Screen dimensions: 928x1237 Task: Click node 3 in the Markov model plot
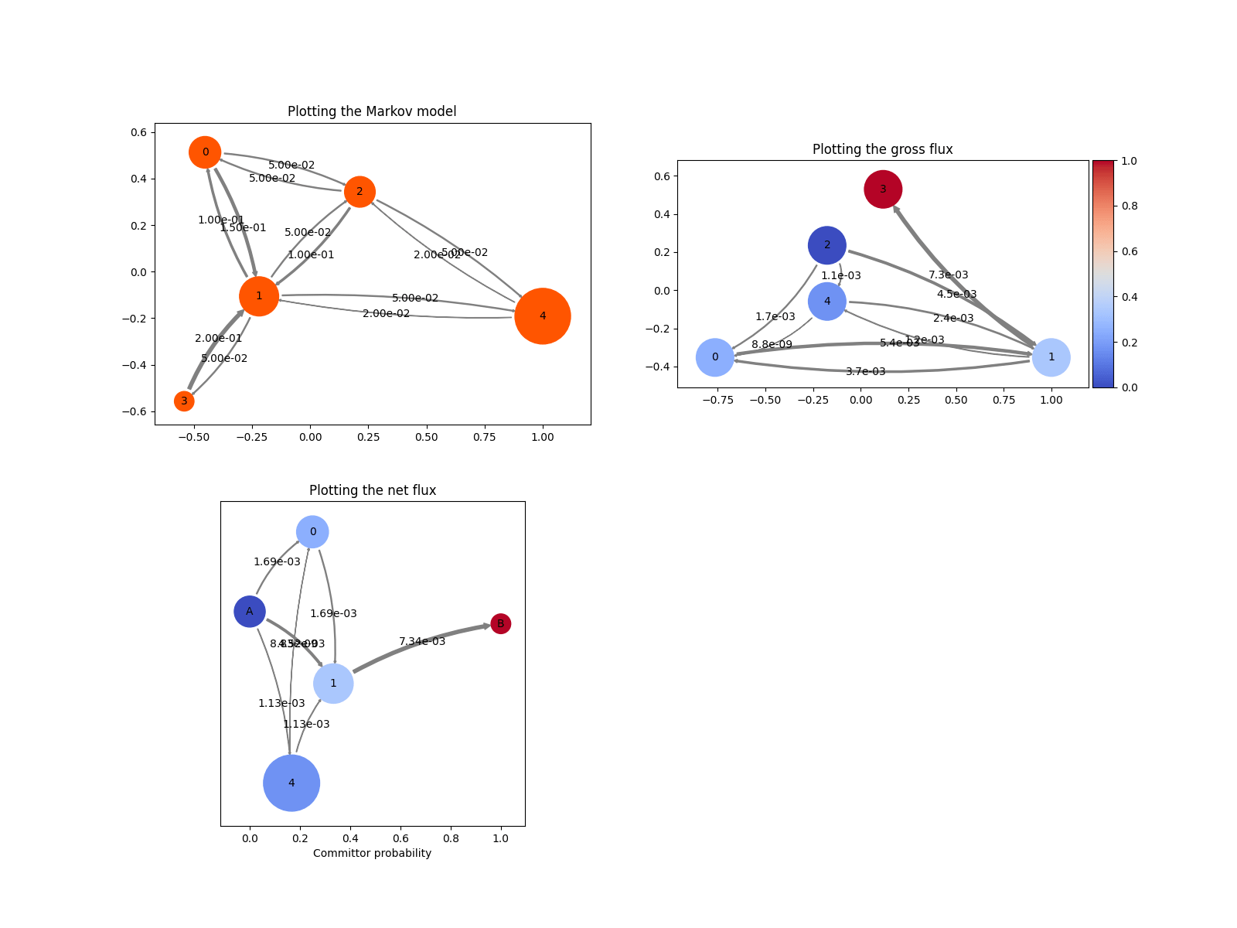point(184,401)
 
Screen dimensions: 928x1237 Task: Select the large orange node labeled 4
point(543,316)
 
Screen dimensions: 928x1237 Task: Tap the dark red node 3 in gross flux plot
point(883,189)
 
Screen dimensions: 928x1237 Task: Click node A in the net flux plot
point(250,612)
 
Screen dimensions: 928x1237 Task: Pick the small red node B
point(501,623)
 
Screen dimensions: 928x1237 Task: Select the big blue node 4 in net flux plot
point(291,783)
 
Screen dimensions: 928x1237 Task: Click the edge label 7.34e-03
point(422,641)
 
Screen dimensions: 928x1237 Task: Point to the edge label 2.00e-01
point(218,338)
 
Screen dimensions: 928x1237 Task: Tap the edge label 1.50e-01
point(243,227)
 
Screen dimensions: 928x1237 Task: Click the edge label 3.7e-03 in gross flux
point(865,371)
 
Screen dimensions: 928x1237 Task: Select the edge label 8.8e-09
point(772,344)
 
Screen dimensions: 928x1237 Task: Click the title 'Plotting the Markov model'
point(372,111)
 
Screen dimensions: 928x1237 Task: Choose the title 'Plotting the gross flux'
point(882,149)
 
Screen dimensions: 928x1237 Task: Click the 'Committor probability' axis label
point(372,853)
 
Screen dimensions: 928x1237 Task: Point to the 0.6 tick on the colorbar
point(1129,251)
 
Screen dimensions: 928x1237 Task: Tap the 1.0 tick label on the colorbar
point(1129,161)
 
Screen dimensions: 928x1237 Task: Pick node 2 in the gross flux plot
point(827,245)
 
